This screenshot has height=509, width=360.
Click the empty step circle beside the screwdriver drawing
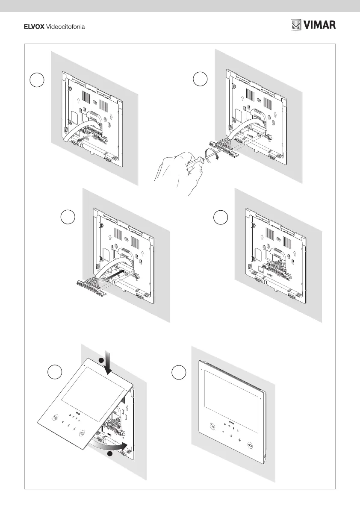click(200, 79)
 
